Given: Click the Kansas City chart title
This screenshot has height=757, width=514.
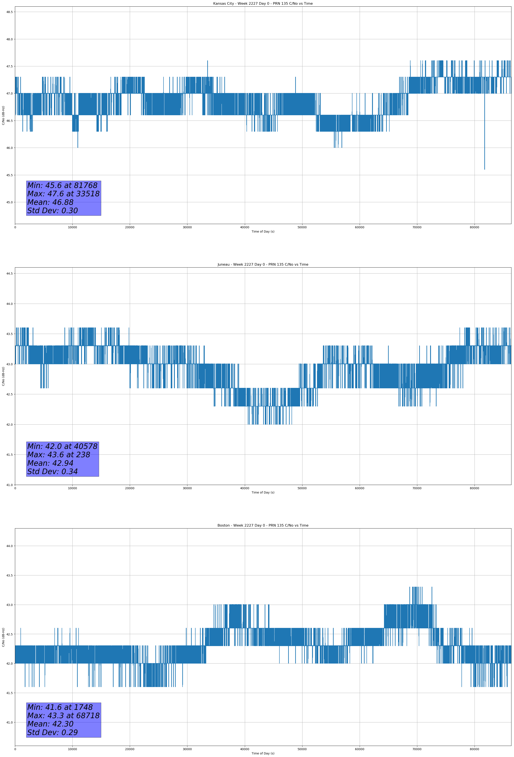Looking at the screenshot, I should click(263, 4).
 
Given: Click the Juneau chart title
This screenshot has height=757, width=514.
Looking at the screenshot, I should click(263, 265).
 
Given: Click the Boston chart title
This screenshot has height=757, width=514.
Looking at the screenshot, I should click(263, 526).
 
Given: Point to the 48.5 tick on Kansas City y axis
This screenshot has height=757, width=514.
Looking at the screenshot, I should click(9, 12).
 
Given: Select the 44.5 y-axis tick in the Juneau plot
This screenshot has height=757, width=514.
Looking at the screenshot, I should click(9, 274).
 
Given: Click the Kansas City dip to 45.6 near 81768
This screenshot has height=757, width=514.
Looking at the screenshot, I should click(484, 169).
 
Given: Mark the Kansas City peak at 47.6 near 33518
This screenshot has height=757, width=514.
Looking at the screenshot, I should click(207, 61).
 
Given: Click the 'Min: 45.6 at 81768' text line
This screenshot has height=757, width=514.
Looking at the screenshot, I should click(62, 185).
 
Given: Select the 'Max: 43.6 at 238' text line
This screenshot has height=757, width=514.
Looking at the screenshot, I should click(59, 455).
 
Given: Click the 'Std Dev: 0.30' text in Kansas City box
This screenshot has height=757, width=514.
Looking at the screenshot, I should click(53, 211).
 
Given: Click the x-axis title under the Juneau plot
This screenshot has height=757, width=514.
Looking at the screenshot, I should click(263, 492).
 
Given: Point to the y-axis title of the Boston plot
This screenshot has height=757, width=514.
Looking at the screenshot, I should click(3, 637).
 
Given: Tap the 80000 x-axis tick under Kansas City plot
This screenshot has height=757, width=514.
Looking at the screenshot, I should click(474, 227).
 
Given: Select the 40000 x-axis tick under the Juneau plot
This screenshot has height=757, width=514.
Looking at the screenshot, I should click(244, 488).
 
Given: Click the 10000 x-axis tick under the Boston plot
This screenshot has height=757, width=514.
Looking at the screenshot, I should click(72, 749).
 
